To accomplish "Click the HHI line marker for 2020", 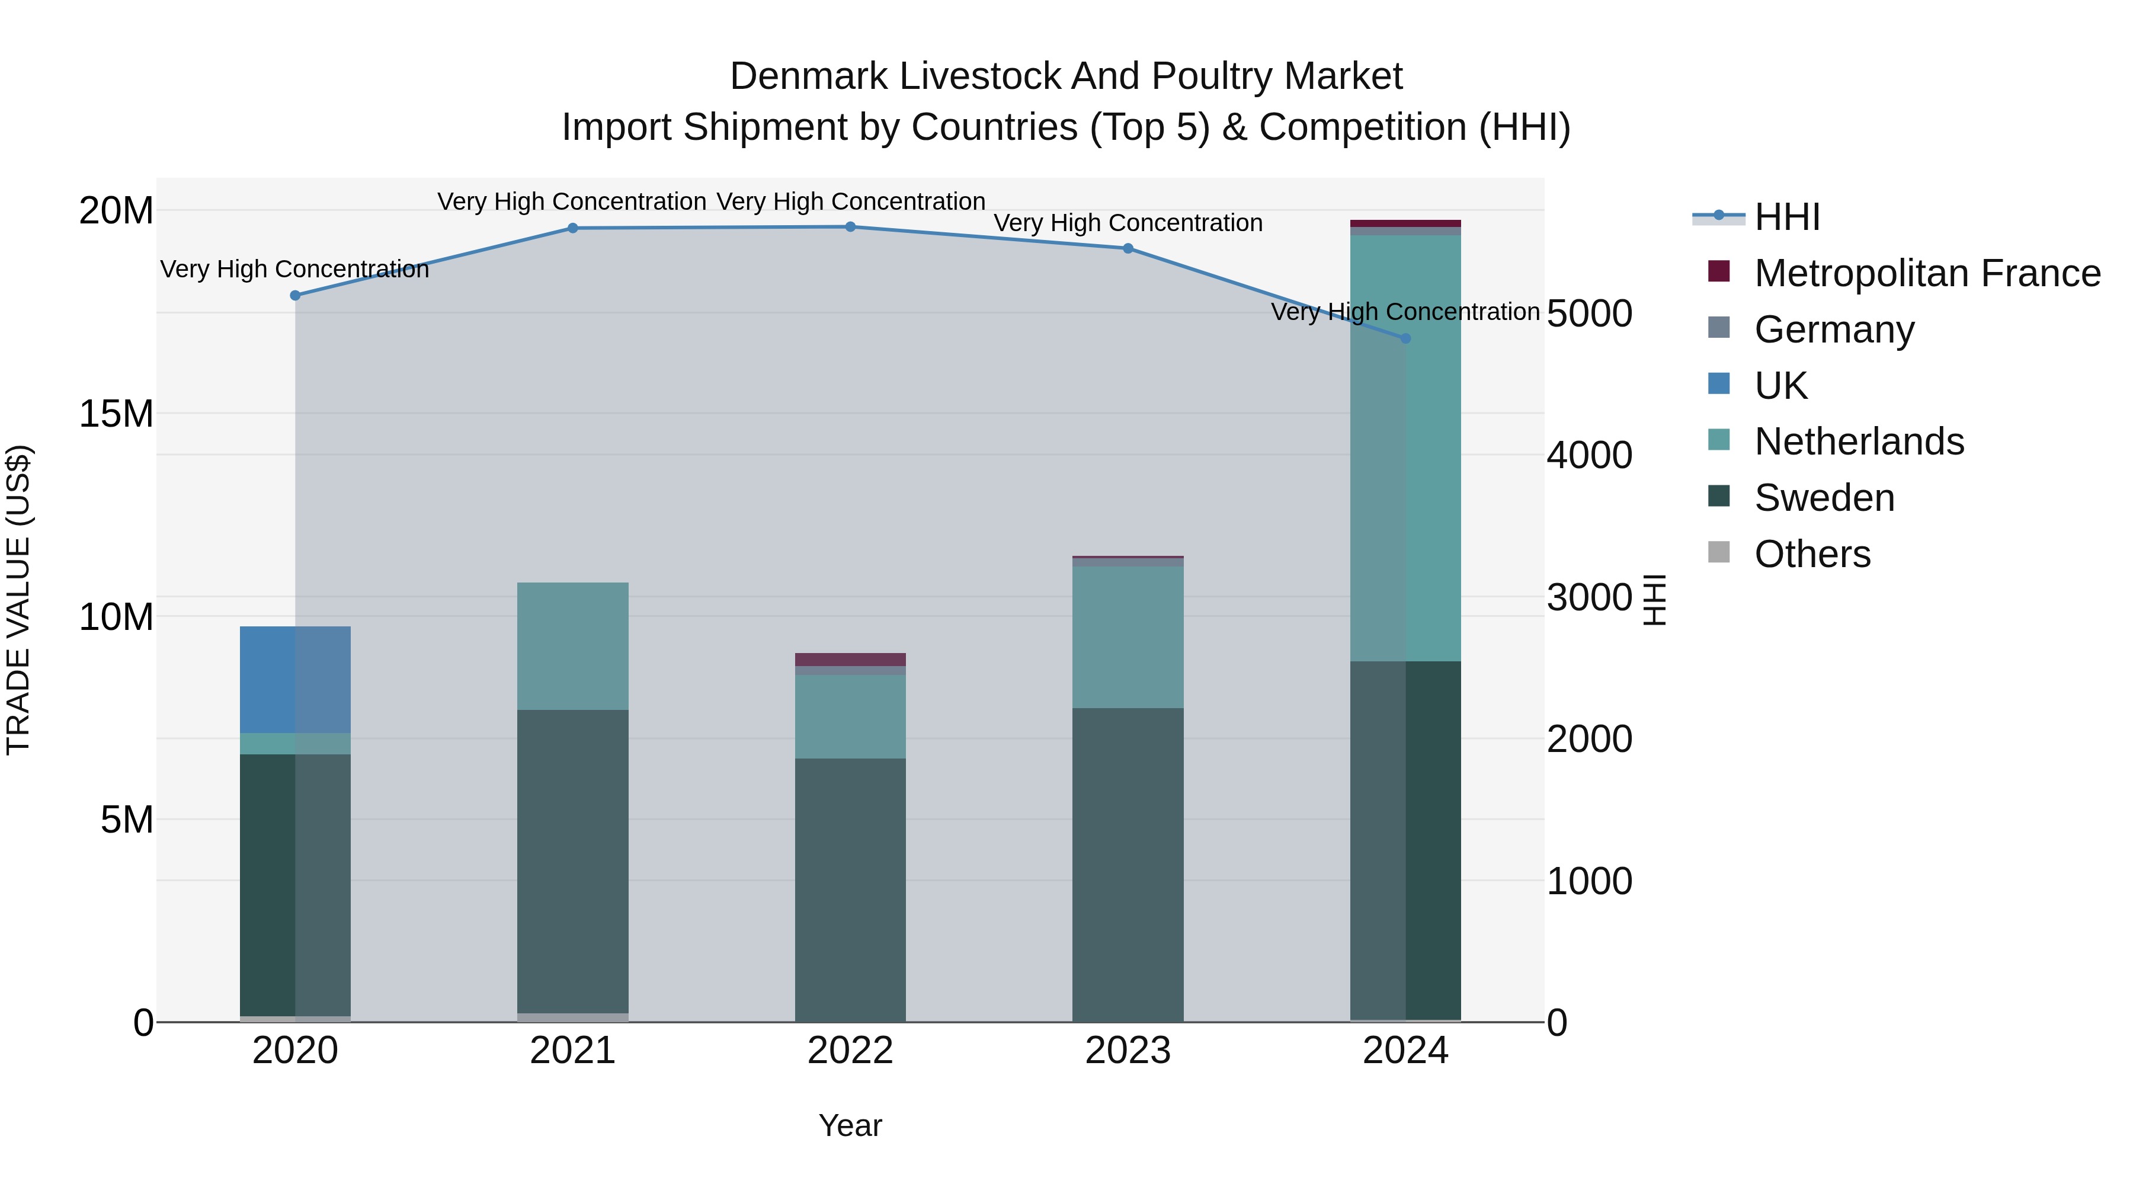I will (295, 296).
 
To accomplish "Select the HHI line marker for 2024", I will (1405, 339).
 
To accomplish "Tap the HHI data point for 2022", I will (850, 227).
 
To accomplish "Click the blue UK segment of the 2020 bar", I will (295, 679).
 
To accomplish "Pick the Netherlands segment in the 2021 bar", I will (572, 646).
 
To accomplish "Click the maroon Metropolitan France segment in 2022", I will (850, 659).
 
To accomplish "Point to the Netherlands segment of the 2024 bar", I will (1405, 447).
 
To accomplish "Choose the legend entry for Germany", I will (1833, 329).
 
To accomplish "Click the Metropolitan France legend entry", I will (1926, 273).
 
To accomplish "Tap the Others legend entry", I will (1812, 554).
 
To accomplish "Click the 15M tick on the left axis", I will (116, 413).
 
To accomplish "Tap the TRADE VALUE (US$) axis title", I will (18, 600).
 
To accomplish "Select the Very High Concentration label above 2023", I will (1128, 223).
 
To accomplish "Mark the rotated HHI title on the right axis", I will (1654, 600).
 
